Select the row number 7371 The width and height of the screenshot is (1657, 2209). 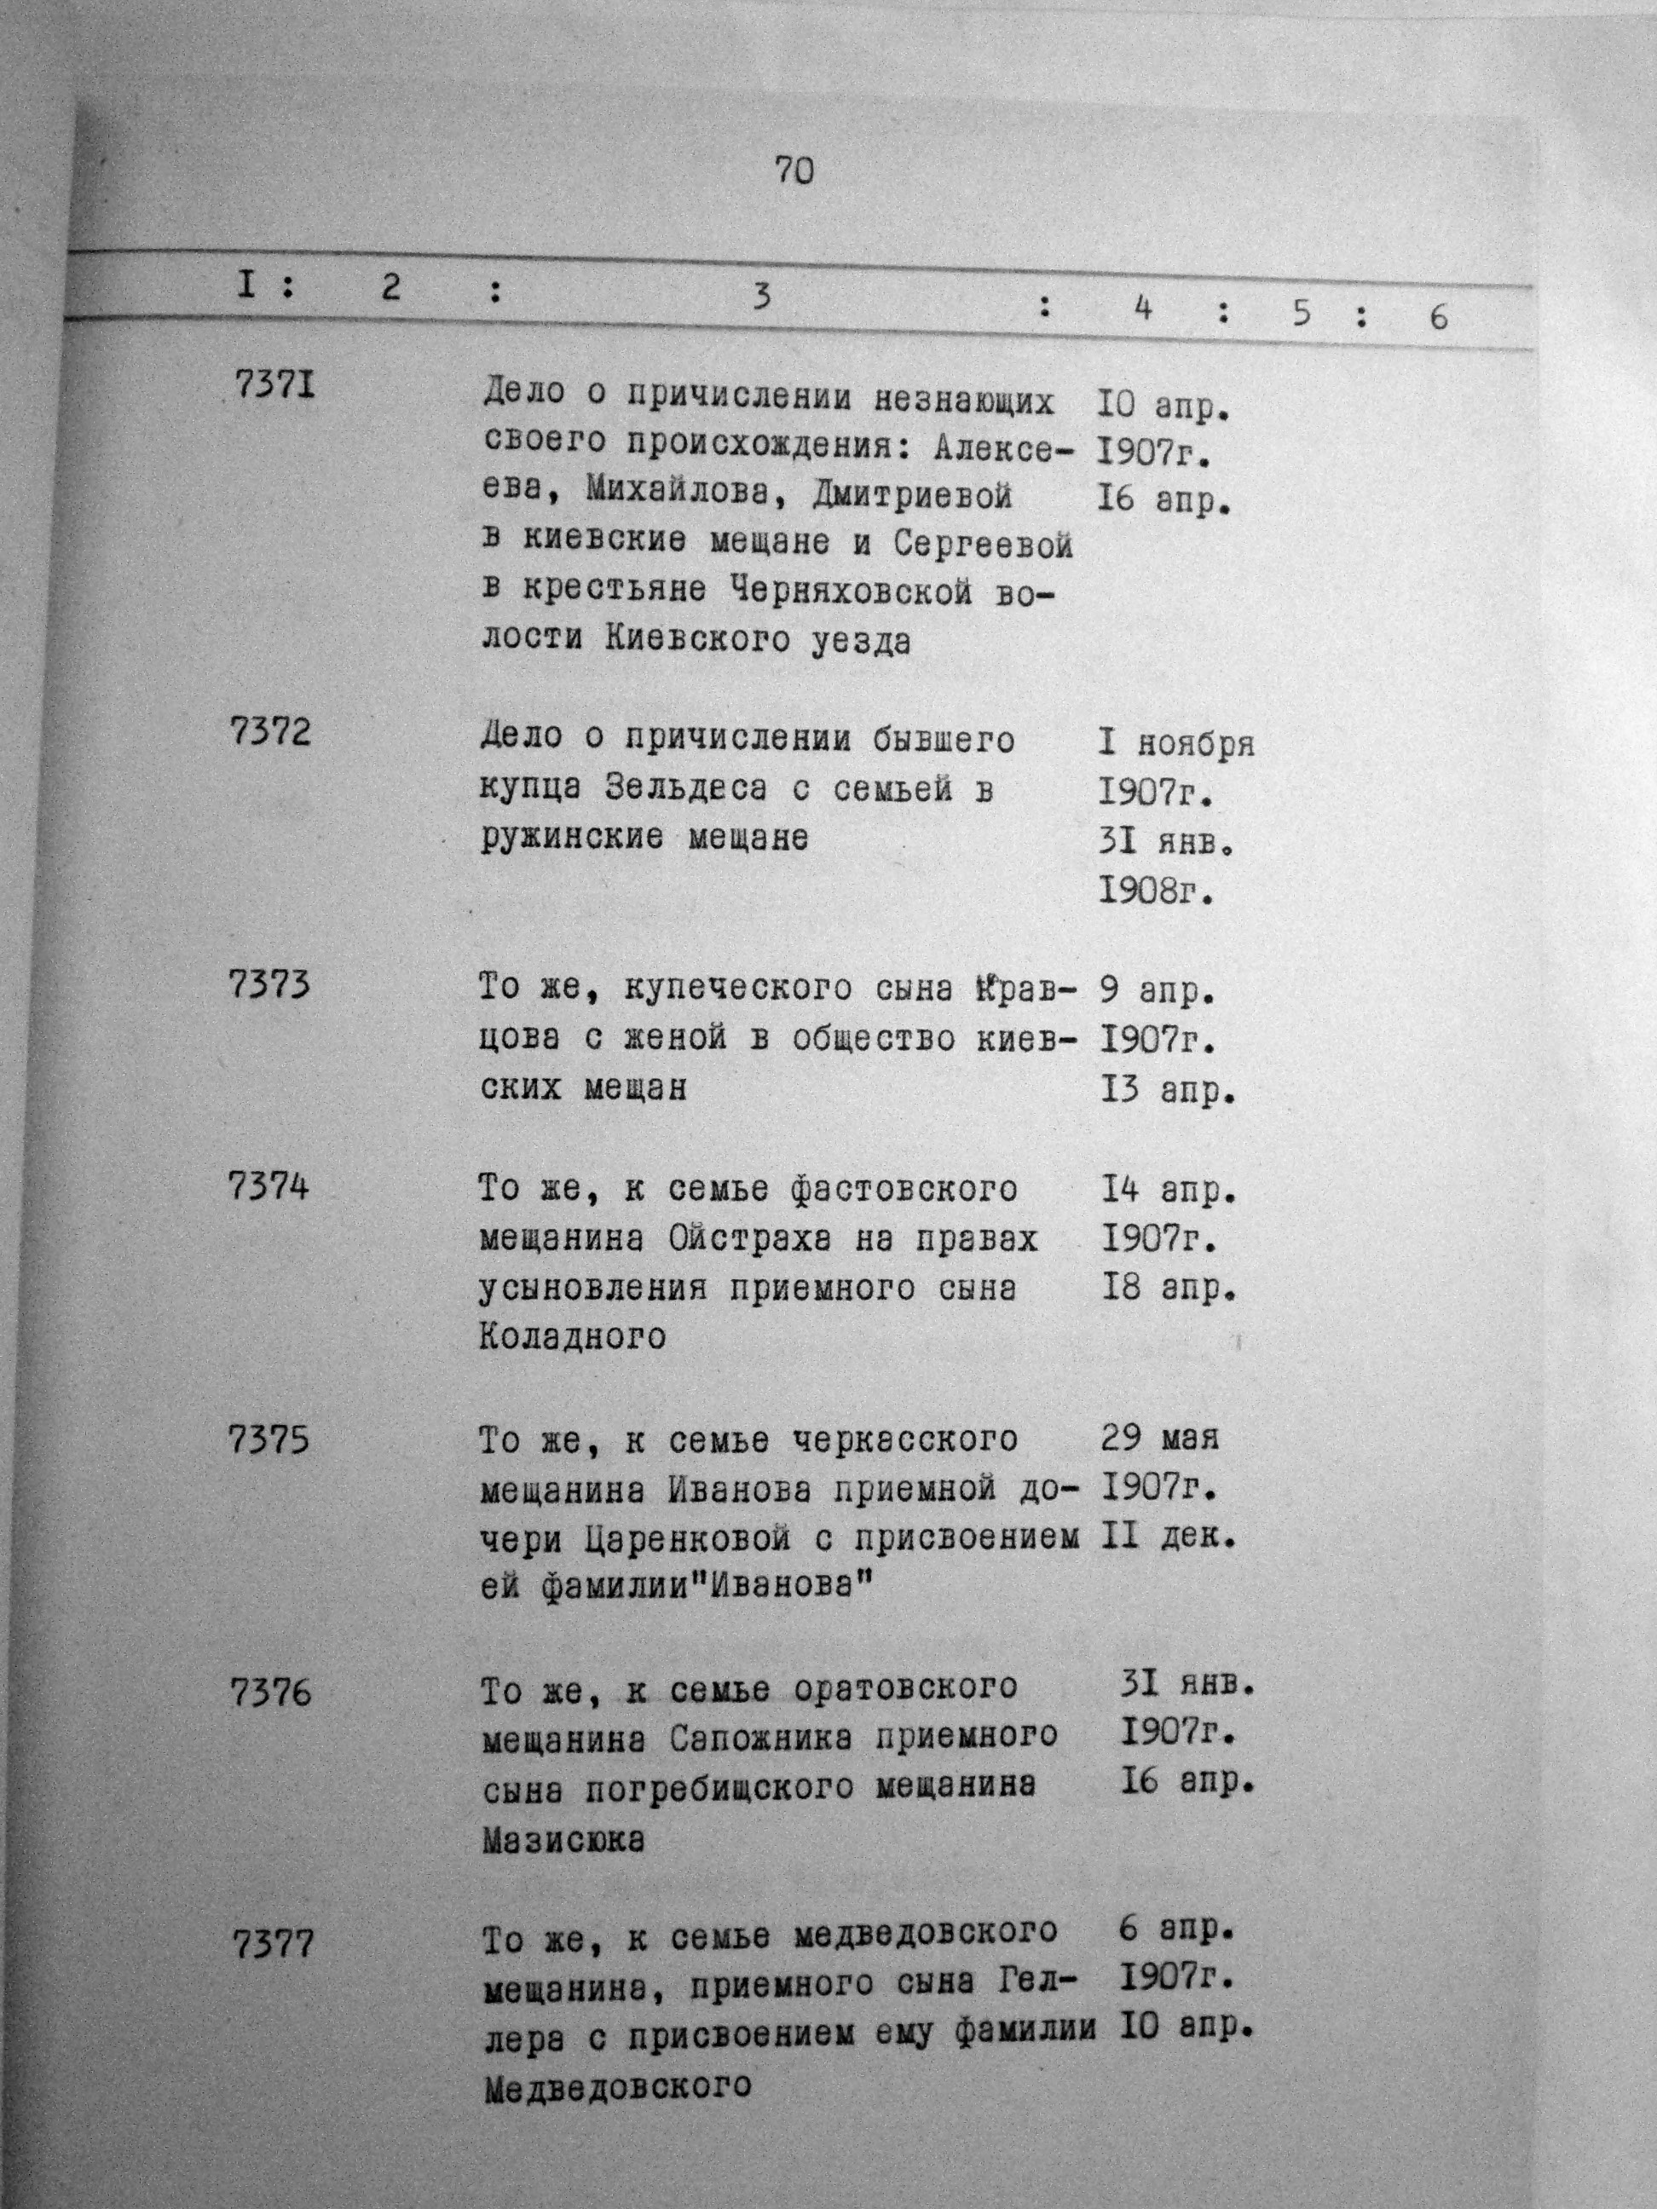[274, 384]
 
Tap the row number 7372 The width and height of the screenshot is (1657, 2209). [269, 733]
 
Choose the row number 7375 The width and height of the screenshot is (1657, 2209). [269, 1440]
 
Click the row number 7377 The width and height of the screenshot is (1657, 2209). [274, 1946]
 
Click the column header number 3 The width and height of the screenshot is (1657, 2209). [762, 297]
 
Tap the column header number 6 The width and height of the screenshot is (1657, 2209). [1438, 318]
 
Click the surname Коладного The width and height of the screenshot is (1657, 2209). [572, 1336]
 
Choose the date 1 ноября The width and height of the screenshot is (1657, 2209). [1176, 744]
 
